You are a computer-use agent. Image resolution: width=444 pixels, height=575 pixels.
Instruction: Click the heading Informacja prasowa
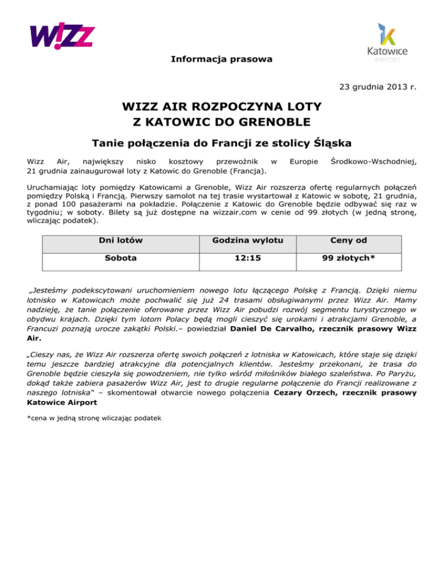coord(222,60)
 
